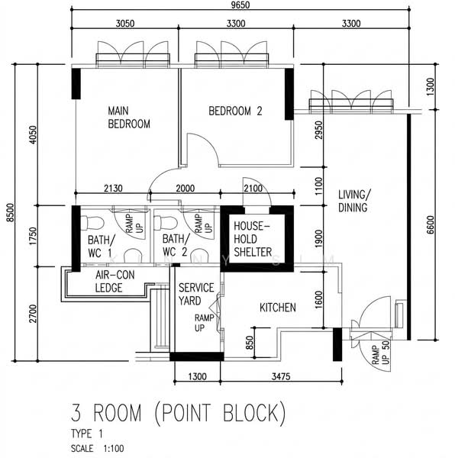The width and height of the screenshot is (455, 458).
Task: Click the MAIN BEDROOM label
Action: click(129, 118)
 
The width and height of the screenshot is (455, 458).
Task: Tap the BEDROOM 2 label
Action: click(235, 111)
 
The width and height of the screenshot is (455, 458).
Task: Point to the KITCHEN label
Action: click(278, 308)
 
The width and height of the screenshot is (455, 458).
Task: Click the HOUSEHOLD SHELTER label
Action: click(253, 239)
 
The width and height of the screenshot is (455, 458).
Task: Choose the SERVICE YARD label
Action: click(196, 294)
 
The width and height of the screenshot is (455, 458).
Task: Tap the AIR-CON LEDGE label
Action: click(115, 281)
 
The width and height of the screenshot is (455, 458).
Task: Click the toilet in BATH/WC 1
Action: click(92, 223)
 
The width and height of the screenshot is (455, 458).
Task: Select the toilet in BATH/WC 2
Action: click(166, 223)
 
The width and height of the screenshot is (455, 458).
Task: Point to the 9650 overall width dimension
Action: click(240, 5)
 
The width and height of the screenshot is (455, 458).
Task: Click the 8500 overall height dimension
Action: click(10, 212)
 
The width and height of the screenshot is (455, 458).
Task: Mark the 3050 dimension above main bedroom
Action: click(125, 24)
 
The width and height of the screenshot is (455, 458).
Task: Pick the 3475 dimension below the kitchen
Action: click(281, 376)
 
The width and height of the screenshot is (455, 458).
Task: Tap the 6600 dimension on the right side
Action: click(431, 224)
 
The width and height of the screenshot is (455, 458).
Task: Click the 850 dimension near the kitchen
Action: click(250, 343)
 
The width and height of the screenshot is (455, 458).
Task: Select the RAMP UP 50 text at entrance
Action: click(381, 353)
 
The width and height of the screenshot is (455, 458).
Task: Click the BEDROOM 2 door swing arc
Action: click(208, 142)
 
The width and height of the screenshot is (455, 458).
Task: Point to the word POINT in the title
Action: click(186, 413)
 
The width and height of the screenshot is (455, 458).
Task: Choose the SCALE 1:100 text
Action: click(97, 448)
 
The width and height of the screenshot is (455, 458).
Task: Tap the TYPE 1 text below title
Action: click(87, 434)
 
